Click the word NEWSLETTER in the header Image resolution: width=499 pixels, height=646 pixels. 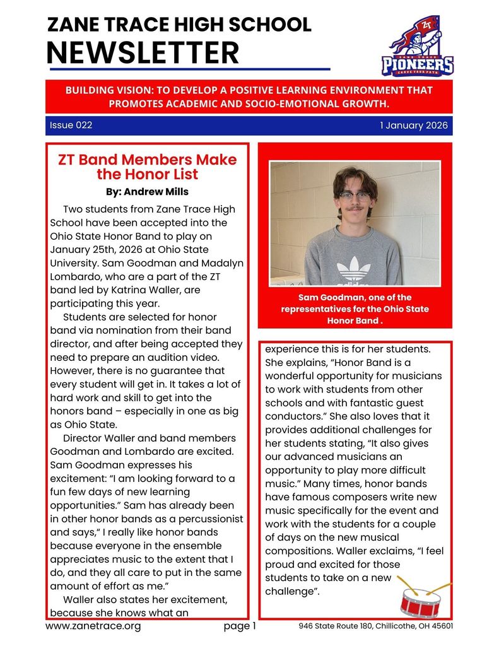143,52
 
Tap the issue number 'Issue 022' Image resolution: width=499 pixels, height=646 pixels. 71,126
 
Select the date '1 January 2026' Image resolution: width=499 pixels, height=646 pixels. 413,126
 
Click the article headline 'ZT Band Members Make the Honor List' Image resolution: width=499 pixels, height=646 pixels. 147,167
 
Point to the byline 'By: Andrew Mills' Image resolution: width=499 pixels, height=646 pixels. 147,191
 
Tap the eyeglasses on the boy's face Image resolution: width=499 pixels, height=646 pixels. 355,196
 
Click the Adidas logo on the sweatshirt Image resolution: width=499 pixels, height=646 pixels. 353,269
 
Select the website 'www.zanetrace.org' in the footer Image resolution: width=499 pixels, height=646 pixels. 93,626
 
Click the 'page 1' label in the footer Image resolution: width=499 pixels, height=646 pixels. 240,626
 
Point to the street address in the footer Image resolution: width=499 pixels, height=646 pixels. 375,626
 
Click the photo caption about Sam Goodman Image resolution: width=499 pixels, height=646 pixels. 355,309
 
